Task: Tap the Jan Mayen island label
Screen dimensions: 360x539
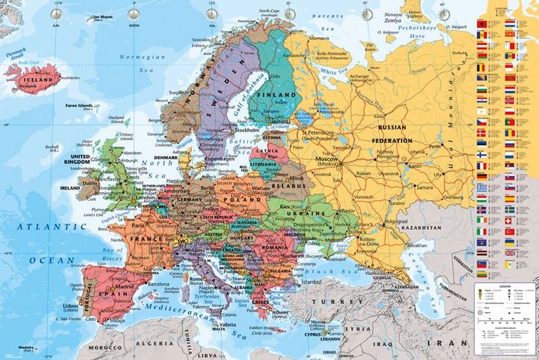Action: tap(102, 17)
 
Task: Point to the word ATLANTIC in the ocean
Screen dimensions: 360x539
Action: tap(46, 227)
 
